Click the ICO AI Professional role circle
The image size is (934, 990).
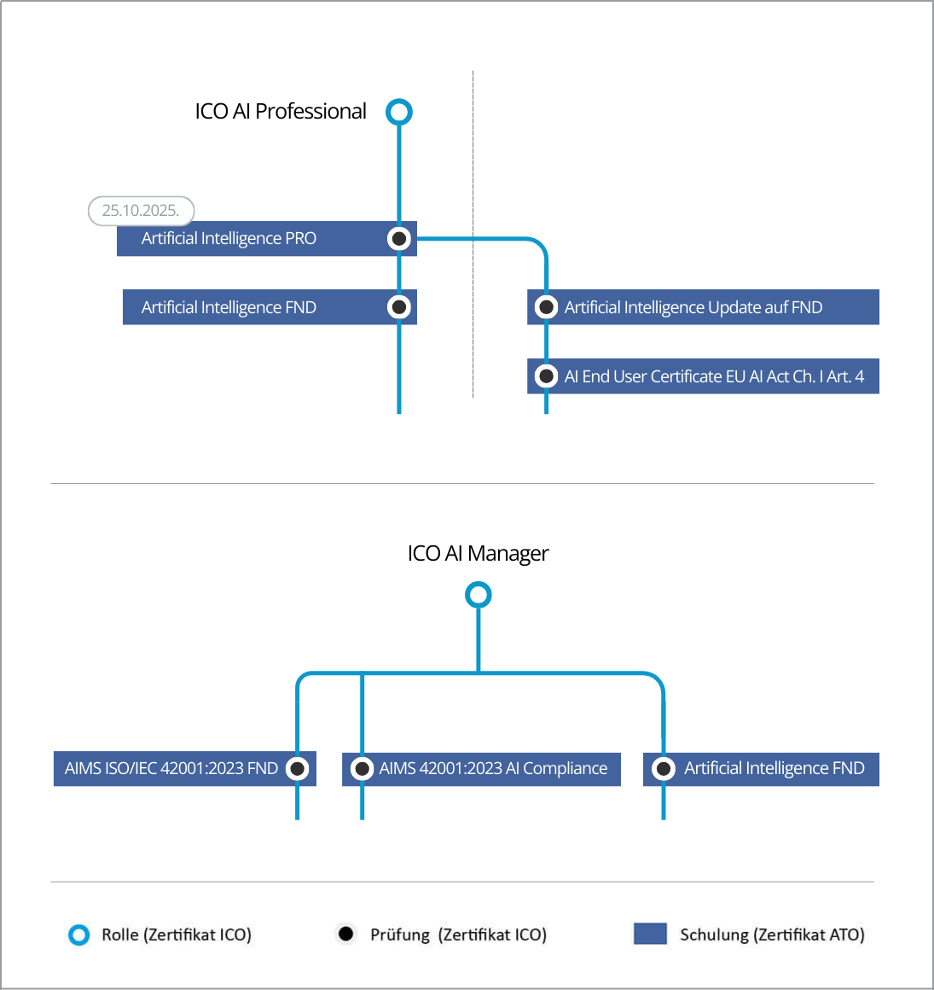pos(399,112)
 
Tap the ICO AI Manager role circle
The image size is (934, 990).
pos(479,595)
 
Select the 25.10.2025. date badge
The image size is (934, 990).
pos(141,211)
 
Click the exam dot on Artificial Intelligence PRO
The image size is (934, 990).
pos(399,238)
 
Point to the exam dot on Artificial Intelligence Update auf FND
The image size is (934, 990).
pos(547,307)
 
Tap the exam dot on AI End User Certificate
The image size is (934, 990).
pos(547,376)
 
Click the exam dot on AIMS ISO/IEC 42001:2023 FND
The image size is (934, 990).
pos(297,769)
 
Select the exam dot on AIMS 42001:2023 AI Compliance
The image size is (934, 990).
pos(363,769)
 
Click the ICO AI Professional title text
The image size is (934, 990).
pos(281,112)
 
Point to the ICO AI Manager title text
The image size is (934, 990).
pos(478,554)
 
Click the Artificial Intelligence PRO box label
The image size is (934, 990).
pos(229,239)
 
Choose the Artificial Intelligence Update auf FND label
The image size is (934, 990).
pos(693,308)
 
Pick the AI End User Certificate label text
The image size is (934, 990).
pos(714,377)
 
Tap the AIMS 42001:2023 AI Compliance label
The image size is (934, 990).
pos(493,769)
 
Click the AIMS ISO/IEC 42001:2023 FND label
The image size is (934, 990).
pos(171,769)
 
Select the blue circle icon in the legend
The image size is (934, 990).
pos(78,935)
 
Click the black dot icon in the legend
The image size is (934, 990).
pos(345,934)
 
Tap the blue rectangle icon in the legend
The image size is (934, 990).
pos(650,934)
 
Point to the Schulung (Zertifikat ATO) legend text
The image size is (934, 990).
pos(772,935)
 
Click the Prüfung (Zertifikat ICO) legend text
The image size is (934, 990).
pos(458,935)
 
